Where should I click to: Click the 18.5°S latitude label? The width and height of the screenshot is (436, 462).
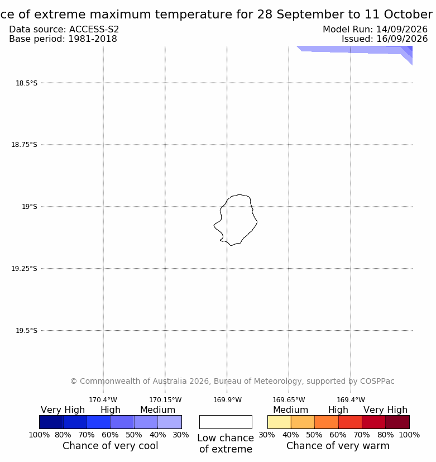[x=26, y=83]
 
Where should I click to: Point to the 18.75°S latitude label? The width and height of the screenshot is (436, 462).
[x=24, y=145]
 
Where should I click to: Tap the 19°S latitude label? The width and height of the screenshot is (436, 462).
[x=30, y=207]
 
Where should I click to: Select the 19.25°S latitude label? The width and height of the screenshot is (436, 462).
[x=24, y=268]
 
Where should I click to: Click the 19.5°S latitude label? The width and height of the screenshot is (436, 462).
[x=26, y=331]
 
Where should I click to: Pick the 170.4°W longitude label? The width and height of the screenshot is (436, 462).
[x=103, y=400]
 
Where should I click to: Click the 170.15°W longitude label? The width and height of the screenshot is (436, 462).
[x=165, y=400]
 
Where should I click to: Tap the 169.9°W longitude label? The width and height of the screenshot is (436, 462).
[x=228, y=400]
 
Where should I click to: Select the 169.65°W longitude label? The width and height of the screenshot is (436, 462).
[x=289, y=400]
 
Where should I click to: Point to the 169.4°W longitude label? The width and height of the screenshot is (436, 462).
[x=351, y=400]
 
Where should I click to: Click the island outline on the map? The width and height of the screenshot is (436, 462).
[x=257, y=222]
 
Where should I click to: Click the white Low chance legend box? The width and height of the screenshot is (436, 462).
[x=226, y=422]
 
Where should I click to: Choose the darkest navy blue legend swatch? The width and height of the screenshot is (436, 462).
[x=51, y=422]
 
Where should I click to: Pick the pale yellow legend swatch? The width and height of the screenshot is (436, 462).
[x=279, y=422]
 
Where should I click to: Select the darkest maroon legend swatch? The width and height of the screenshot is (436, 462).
[x=397, y=422]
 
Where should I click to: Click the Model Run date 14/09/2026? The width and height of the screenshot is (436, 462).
[x=402, y=30]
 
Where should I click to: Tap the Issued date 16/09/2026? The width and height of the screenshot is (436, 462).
[x=402, y=39]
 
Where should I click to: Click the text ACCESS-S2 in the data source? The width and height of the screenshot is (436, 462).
[x=94, y=30]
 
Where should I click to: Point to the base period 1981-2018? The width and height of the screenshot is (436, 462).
[x=93, y=39]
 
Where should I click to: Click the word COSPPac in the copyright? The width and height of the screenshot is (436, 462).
[x=377, y=381]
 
